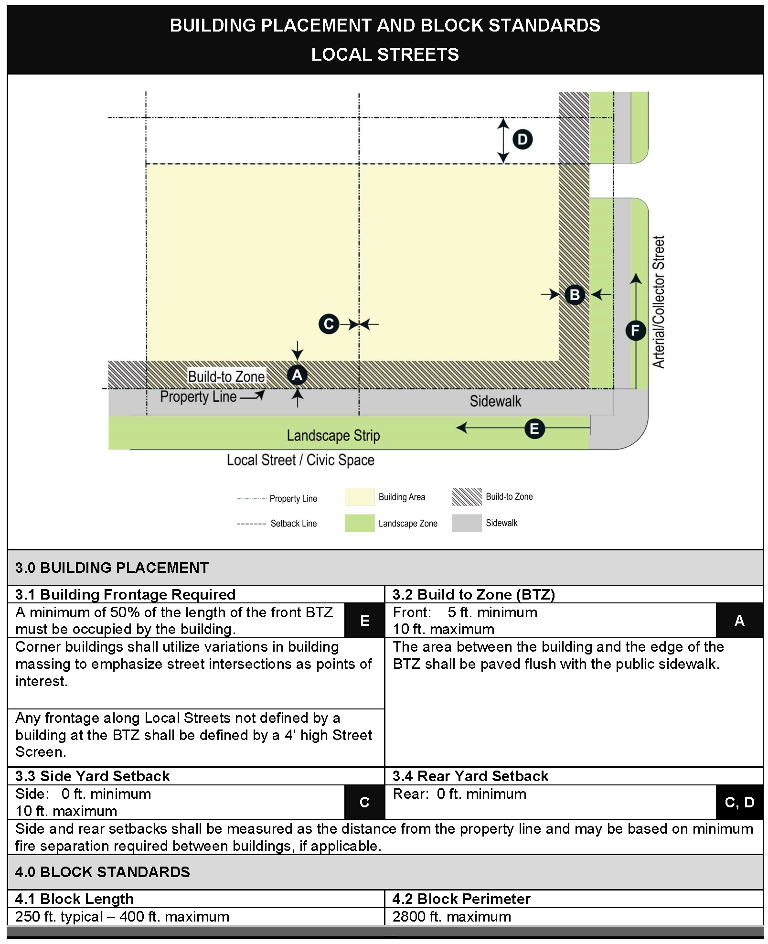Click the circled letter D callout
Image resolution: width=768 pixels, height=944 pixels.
click(523, 139)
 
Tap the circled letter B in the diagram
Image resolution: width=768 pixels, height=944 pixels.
click(575, 295)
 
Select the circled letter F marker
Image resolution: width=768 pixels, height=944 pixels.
click(635, 330)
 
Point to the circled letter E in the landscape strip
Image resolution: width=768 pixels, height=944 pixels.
click(534, 429)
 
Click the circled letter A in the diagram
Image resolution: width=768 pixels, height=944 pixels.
click(297, 375)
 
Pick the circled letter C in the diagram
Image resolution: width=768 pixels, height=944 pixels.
click(329, 324)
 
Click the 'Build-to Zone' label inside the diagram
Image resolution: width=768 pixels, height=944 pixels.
click(226, 376)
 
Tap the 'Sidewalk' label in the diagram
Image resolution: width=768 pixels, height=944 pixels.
click(495, 401)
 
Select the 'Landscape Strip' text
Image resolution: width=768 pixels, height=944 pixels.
click(333, 435)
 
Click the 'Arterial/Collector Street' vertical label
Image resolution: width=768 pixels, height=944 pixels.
click(659, 302)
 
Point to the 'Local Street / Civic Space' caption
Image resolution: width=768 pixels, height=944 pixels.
click(300, 460)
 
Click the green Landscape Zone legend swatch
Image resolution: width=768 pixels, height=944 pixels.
click(360, 523)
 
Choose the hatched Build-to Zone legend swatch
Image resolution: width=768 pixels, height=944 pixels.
click(467, 497)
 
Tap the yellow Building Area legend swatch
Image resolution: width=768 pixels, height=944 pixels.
click(360, 497)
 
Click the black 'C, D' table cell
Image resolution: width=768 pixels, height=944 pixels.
click(739, 802)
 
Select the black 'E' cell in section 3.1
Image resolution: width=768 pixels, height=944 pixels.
click(364, 621)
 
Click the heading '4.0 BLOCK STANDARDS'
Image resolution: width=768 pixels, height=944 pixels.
click(102, 872)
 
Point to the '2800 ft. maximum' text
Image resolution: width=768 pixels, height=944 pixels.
click(451, 917)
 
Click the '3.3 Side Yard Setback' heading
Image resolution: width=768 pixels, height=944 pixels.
click(92, 776)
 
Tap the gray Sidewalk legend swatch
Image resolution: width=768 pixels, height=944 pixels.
click(467, 523)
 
